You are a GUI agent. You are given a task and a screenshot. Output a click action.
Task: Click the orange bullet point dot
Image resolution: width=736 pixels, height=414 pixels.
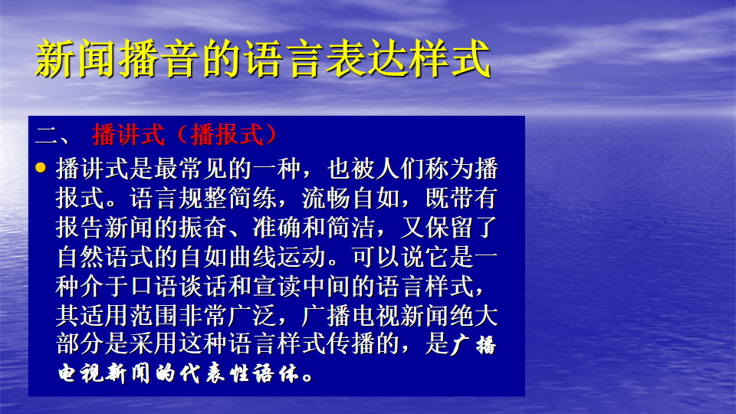(41, 168)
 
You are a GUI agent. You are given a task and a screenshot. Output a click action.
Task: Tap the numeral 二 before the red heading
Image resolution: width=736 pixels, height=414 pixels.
(47, 135)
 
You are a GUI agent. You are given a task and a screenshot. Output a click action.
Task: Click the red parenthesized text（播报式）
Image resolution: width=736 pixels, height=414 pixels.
(227, 135)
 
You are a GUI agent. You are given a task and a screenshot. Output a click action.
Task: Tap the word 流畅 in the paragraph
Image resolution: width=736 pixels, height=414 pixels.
(326, 198)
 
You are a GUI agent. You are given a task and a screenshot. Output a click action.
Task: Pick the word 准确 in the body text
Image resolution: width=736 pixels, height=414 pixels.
(277, 227)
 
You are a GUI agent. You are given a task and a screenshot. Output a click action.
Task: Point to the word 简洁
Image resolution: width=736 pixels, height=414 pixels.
(350, 227)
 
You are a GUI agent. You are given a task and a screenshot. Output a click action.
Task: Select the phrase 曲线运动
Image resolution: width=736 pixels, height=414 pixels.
(277, 257)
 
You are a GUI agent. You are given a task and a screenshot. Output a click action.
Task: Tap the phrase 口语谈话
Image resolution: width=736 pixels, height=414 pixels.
(179, 286)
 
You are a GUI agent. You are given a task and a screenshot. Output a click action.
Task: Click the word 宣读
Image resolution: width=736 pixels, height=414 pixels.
(277, 286)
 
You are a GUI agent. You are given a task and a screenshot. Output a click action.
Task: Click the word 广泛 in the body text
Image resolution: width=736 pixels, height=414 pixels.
(252, 315)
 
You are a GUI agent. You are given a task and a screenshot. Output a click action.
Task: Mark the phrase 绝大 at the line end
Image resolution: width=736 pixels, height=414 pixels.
(474, 315)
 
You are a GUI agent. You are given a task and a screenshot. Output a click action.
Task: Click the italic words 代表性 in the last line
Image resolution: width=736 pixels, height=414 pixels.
(215, 373)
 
